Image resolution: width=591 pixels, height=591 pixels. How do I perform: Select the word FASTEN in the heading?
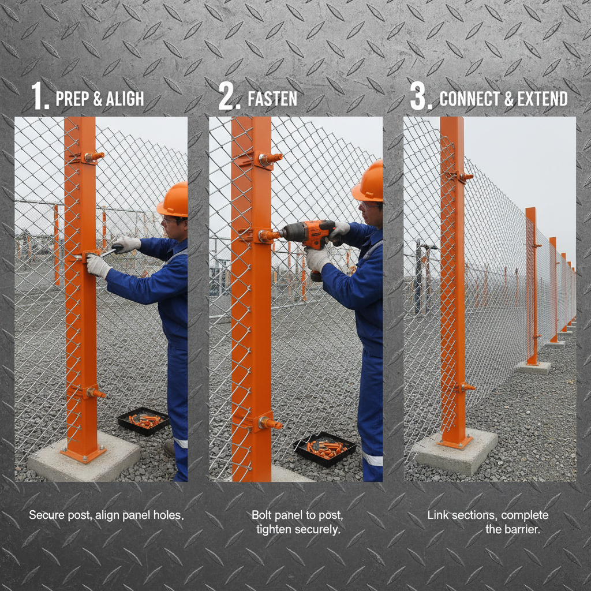coord(272,99)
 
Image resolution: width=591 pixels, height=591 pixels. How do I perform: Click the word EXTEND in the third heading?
coord(543,99)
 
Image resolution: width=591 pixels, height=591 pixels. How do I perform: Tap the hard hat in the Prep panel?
coord(173,200)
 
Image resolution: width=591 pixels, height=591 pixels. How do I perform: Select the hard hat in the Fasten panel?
coord(369,182)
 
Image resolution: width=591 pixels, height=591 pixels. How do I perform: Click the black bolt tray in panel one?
coord(143,420)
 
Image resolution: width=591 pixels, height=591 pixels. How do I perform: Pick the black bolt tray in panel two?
coord(326,448)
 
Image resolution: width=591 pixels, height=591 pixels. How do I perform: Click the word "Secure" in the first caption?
coord(46,515)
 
